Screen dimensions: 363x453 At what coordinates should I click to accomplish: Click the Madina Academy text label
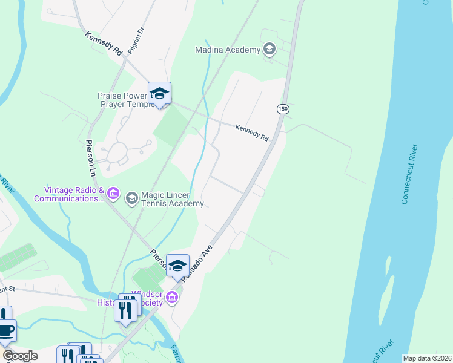pyautogui.click(x=227, y=50)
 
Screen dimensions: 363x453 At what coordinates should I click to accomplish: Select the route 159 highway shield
pyautogui.click(x=282, y=109)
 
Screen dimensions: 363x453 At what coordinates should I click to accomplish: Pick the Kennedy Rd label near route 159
pyautogui.click(x=252, y=133)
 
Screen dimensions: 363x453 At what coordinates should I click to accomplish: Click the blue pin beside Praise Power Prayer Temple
pyautogui.click(x=159, y=94)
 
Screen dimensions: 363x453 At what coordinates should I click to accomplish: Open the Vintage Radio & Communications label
pyautogui.click(x=67, y=194)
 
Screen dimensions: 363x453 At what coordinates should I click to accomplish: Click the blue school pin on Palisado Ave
pyautogui.click(x=177, y=266)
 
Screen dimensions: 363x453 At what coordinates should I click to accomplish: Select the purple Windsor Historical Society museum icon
pyautogui.click(x=172, y=297)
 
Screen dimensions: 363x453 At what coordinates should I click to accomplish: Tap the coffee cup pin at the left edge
pyautogui.click(x=6, y=330)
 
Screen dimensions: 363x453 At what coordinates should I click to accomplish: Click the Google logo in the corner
pyautogui.click(x=20, y=356)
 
